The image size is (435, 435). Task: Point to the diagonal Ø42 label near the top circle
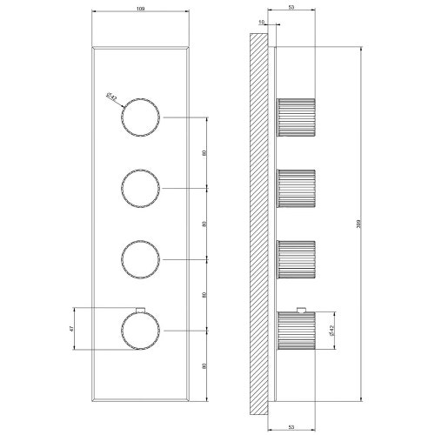(x=112, y=98)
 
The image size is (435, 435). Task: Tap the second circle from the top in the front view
(x=140, y=187)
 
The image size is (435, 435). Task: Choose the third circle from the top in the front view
(x=140, y=258)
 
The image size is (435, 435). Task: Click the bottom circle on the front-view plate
(x=140, y=329)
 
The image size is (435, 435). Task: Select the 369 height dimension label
(x=360, y=223)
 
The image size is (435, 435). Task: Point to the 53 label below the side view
(x=290, y=426)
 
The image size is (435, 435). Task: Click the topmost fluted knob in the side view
(x=296, y=117)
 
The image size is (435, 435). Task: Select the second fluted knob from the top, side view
(x=296, y=187)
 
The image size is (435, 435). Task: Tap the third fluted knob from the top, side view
(x=296, y=258)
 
